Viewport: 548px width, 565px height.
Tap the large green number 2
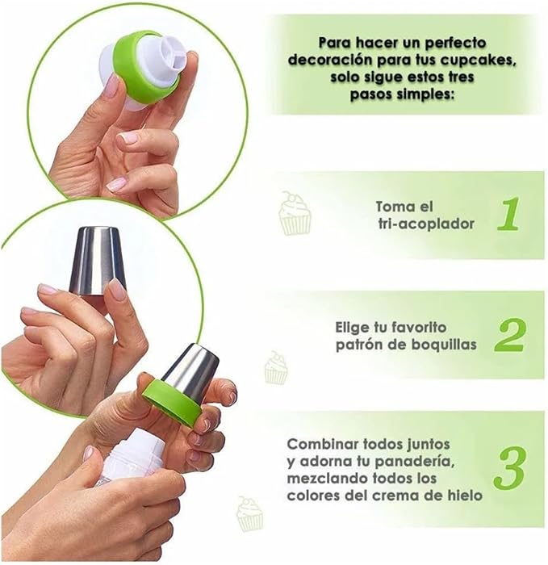(510, 334)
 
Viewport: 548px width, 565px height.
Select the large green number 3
(511, 469)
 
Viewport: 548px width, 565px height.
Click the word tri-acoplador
(426, 224)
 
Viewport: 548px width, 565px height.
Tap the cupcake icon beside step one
(295, 213)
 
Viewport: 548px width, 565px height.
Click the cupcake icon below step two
(276, 367)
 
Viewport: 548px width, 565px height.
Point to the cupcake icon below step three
(249, 514)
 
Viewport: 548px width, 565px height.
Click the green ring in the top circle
(145, 67)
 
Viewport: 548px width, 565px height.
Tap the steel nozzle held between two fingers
(98, 261)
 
